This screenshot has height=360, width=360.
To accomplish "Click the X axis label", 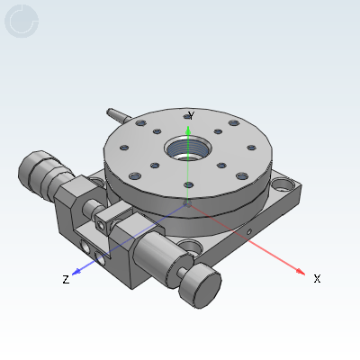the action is (317, 279).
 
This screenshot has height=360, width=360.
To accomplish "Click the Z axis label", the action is (66, 280).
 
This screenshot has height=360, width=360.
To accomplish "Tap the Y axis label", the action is (191, 115).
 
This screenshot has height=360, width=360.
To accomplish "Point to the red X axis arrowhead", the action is (301, 271).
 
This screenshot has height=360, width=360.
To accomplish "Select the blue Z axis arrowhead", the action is (76, 271).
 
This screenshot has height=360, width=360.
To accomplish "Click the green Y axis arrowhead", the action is (188, 130).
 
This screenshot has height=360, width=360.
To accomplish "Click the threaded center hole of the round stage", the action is (188, 148).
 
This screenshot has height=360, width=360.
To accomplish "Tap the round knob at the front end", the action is (200, 285).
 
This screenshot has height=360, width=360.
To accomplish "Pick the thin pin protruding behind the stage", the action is (119, 115).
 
